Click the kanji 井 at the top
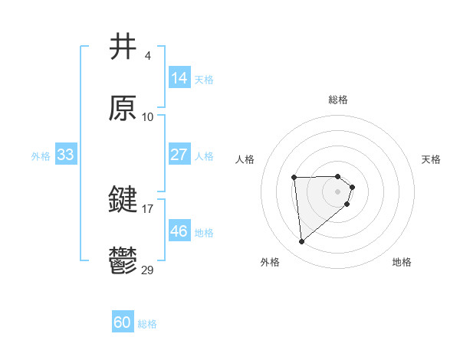click(123, 47)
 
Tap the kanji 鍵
click(123, 201)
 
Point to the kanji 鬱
click(123, 261)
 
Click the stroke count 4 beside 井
click(147, 56)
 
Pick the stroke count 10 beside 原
click(148, 116)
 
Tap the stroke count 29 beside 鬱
click(148, 270)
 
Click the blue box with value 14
click(179, 78)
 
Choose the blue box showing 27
click(179, 155)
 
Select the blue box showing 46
click(179, 231)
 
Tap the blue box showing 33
click(66, 155)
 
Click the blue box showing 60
click(123, 323)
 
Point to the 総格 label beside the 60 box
click(147, 324)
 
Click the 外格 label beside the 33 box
click(41, 155)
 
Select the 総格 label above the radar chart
click(338, 100)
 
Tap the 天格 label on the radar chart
click(432, 159)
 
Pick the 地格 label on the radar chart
click(402, 262)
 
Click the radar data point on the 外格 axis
click(302, 242)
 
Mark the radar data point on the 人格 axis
click(294, 178)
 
